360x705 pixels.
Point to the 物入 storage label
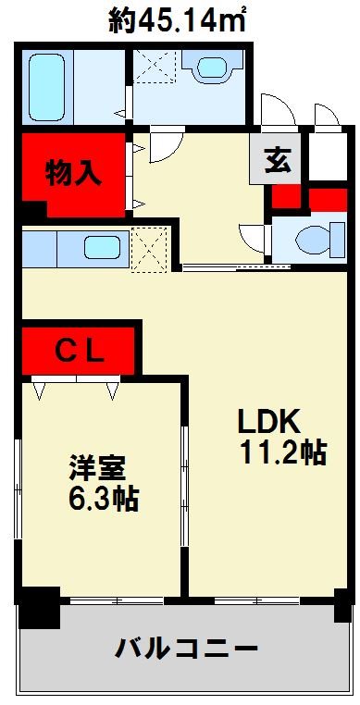73,174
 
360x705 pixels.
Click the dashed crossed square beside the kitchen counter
149,248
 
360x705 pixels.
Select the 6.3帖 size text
102,500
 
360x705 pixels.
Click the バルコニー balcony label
186,649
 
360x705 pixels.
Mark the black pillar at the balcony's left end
38,608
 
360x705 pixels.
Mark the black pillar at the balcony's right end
343,609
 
